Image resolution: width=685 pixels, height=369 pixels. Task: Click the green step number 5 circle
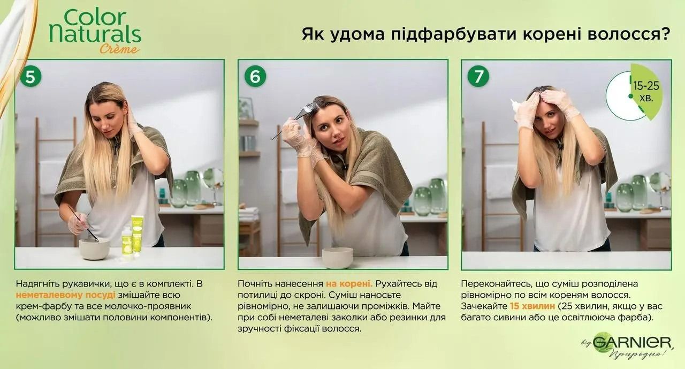tap(31, 77)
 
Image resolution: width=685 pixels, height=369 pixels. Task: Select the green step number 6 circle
tap(255, 77)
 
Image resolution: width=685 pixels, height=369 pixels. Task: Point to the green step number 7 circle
tap(478, 77)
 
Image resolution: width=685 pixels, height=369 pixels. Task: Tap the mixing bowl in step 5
tap(94, 248)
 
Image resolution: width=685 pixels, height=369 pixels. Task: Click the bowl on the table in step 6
tap(337, 257)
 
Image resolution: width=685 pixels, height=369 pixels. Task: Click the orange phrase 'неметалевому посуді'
tap(65, 295)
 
